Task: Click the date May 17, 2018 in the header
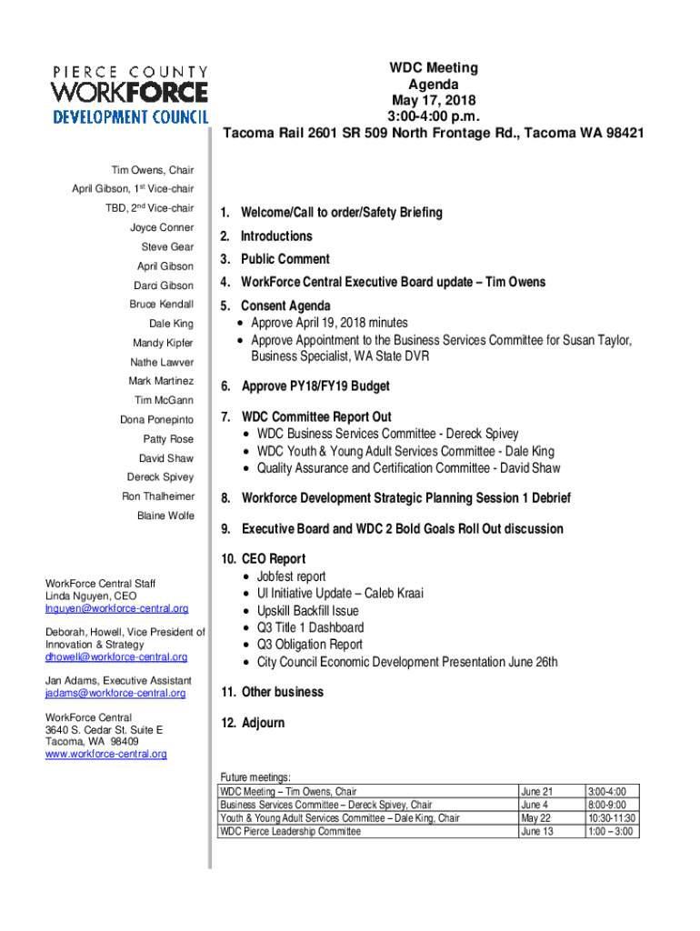tap(434, 100)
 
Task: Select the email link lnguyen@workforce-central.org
tap(117, 608)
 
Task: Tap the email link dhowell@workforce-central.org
tap(116, 656)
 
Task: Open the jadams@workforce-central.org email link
tap(115, 693)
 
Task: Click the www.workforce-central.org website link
tap(106, 754)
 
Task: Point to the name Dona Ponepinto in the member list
tap(156, 420)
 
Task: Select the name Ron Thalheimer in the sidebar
tap(157, 496)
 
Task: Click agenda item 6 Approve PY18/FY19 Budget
tap(315, 386)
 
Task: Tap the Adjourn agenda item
tap(263, 723)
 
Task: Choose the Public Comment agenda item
tap(285, 259)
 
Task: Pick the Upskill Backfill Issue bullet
tap(307, 611)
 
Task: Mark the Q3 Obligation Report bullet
tap(309, 645)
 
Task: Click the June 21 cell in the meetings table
tap(536, 792)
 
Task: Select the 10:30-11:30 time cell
tap(611, 818)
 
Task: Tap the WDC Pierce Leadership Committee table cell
tap(290, 831)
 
